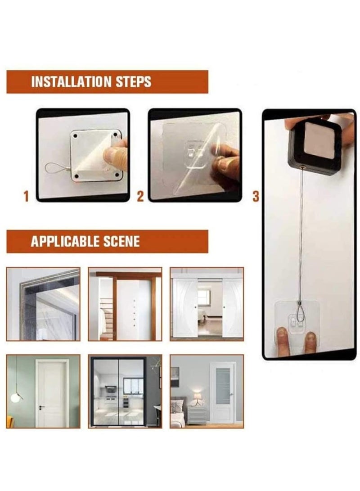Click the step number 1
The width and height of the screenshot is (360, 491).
(x=26, y=196)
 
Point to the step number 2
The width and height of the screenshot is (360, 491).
(x=140, y=196)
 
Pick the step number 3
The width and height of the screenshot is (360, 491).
(x=256, y=196)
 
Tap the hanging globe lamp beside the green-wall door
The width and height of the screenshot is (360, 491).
(x=18, y=398)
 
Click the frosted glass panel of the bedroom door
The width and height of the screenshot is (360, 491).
(x=222, y=386)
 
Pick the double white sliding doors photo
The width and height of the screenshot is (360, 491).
(x=207, y=304)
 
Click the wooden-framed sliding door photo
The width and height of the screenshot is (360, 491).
(x=125, y=304)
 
